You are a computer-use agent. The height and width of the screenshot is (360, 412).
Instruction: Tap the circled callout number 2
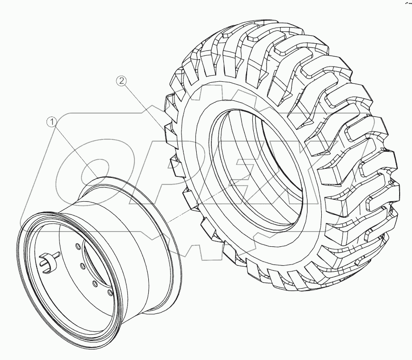click(122, 81)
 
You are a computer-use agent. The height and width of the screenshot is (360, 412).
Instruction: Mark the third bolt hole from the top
click(95, 283)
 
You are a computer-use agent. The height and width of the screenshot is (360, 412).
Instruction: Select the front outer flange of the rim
click(29, 285)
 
